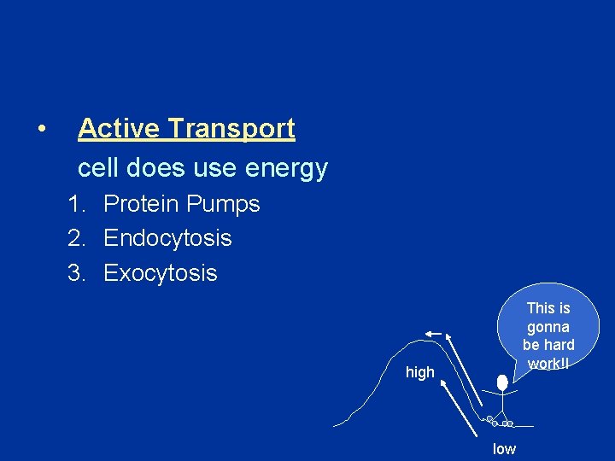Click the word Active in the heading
tap(120, 128)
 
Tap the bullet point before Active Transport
tap(40, 129)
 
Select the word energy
tap(286, 168)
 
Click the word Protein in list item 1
tap(140, 204)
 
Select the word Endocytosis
tap(167, 238)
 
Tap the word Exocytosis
tap(161, 273)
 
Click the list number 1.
tap(75, 204)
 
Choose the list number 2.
tap(75, 238)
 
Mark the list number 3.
tap(75, 273)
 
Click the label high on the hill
tap(420, 372)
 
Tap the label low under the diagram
tap(504, 449)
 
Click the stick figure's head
tap(502, 383)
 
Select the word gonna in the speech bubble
tap(548, 327)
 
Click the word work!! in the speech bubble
tap(548, 363)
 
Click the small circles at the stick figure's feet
tap(500, 422)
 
